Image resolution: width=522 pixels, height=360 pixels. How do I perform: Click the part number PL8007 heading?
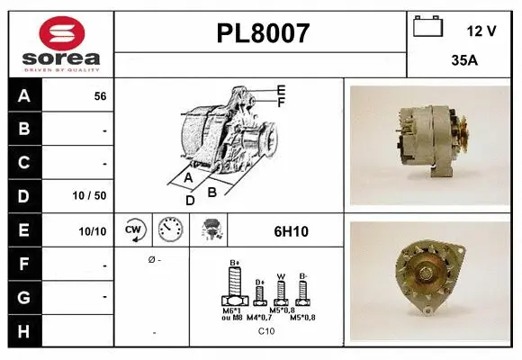pos(263,34)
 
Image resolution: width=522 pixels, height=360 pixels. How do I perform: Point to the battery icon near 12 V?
pos(427,27)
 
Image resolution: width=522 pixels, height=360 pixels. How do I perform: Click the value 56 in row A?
pos(100,96)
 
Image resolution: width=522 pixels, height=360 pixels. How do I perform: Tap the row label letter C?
pos(23,163)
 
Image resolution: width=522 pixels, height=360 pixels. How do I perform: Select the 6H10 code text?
pos(291,231)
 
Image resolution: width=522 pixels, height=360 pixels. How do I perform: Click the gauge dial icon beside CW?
pos(170,229)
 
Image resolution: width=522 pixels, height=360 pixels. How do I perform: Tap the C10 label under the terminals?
pos(266,331)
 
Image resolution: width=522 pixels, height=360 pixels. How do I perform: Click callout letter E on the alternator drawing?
pos(282,89)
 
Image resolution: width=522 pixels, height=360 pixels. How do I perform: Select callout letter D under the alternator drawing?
pos(190,200)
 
